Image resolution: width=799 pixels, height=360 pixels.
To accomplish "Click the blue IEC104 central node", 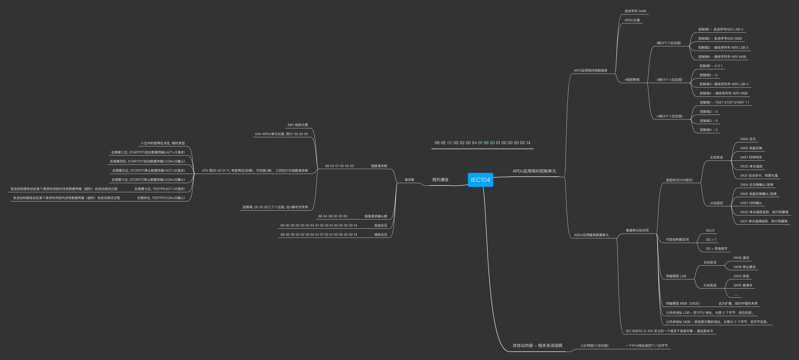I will (x=480, y=180).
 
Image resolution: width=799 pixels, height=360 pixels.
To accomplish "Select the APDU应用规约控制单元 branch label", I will (x=534, y=171).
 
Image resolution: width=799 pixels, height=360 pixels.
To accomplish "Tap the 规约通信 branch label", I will (x=440, y=180).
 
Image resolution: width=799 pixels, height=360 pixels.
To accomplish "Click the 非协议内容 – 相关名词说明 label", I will (x=537, y=345).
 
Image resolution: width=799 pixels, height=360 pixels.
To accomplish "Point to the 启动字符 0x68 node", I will (x=635, y=11).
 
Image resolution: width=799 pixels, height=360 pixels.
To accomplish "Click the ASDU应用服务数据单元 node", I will (x=591, y=235).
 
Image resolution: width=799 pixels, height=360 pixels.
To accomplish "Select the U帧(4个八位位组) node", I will (x=669, y=116).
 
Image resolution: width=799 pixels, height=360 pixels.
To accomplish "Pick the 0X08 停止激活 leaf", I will (x=744, y=267).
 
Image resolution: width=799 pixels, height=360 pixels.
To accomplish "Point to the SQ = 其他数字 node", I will (x=716, y=249).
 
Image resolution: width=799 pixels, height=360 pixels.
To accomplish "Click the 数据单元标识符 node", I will (x=637, y=230).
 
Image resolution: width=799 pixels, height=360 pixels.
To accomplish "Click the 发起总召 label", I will (x=381, y=225).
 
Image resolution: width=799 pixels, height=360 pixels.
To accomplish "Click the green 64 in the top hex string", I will (x=474, y=143).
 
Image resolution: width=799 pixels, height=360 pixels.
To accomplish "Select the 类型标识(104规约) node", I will (x=679, y=180).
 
